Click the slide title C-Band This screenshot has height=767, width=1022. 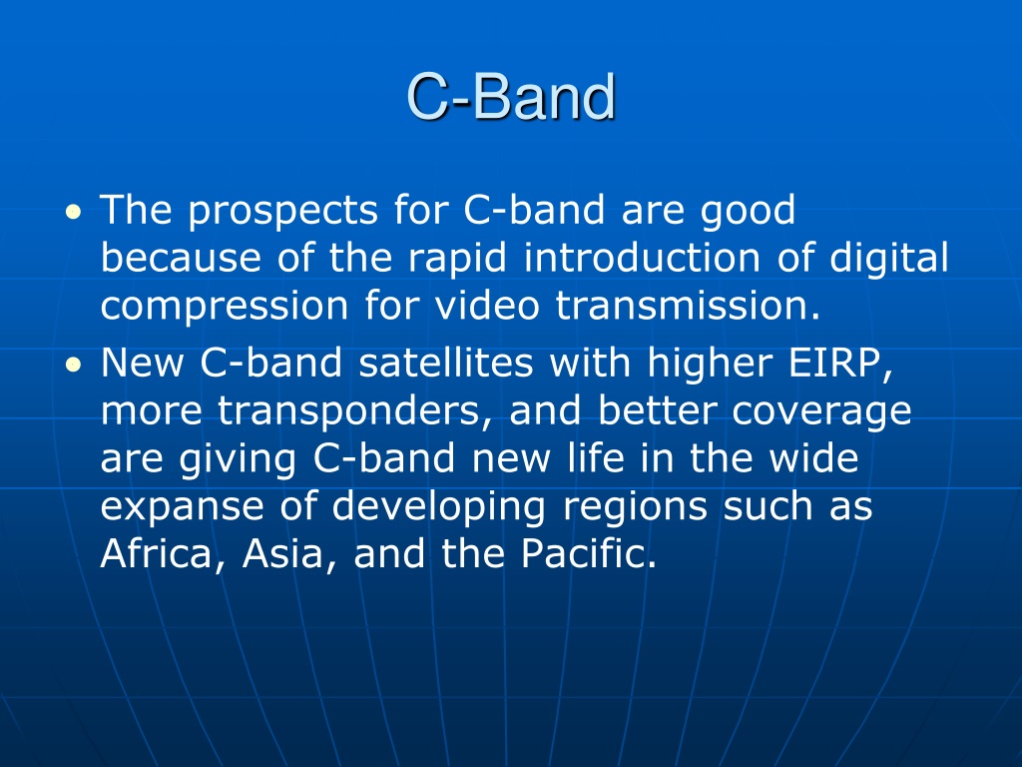(511, 97)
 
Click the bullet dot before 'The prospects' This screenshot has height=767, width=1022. (74, 212)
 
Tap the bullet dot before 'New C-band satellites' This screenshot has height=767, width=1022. (74, 364)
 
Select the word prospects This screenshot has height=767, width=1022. (282, 212)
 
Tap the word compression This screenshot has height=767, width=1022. (225, 307)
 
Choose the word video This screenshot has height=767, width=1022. (487, 305)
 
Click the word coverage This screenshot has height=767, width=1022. (820, 412)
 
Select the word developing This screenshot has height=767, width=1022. (439, 507)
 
